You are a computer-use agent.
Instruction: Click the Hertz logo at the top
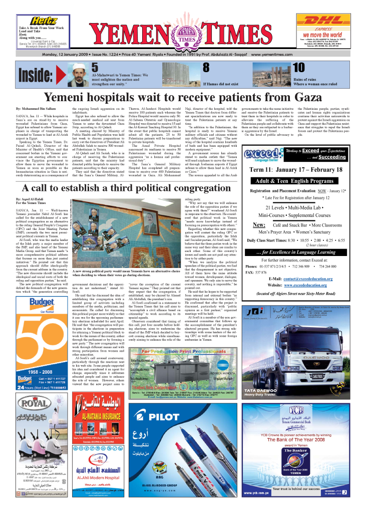43,21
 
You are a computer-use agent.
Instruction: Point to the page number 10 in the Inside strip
298,67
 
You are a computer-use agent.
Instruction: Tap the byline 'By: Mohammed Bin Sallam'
36,109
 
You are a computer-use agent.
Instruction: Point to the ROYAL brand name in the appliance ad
33,388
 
